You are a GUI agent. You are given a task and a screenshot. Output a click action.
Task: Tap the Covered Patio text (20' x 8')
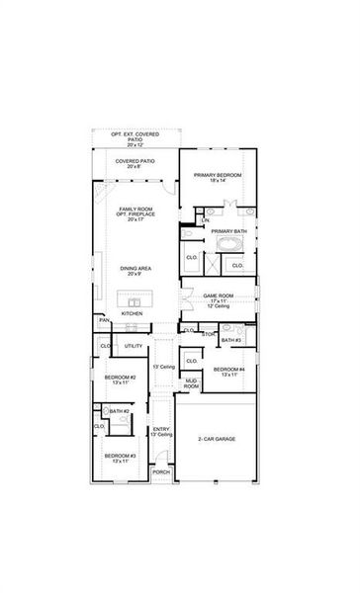(x=134, y=163)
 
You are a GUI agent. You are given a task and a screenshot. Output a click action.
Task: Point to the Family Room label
(x=137, y=213)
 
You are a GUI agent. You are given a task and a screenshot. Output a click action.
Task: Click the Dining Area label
(x=135, y=271)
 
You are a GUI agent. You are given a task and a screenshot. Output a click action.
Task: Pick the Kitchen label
(x=133, y=313)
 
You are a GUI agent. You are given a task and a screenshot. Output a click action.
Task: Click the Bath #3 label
(x=231, y=340)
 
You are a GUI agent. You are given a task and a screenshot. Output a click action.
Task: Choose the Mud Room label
(x=191, y=383)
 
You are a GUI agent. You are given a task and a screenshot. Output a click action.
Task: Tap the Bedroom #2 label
(x=121, y=380)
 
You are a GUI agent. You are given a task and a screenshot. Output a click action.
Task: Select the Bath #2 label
(x=120, y=411)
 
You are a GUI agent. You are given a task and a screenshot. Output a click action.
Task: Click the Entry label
(x=161, y=431)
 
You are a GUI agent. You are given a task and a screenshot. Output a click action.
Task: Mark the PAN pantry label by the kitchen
(x=103, y=321)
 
